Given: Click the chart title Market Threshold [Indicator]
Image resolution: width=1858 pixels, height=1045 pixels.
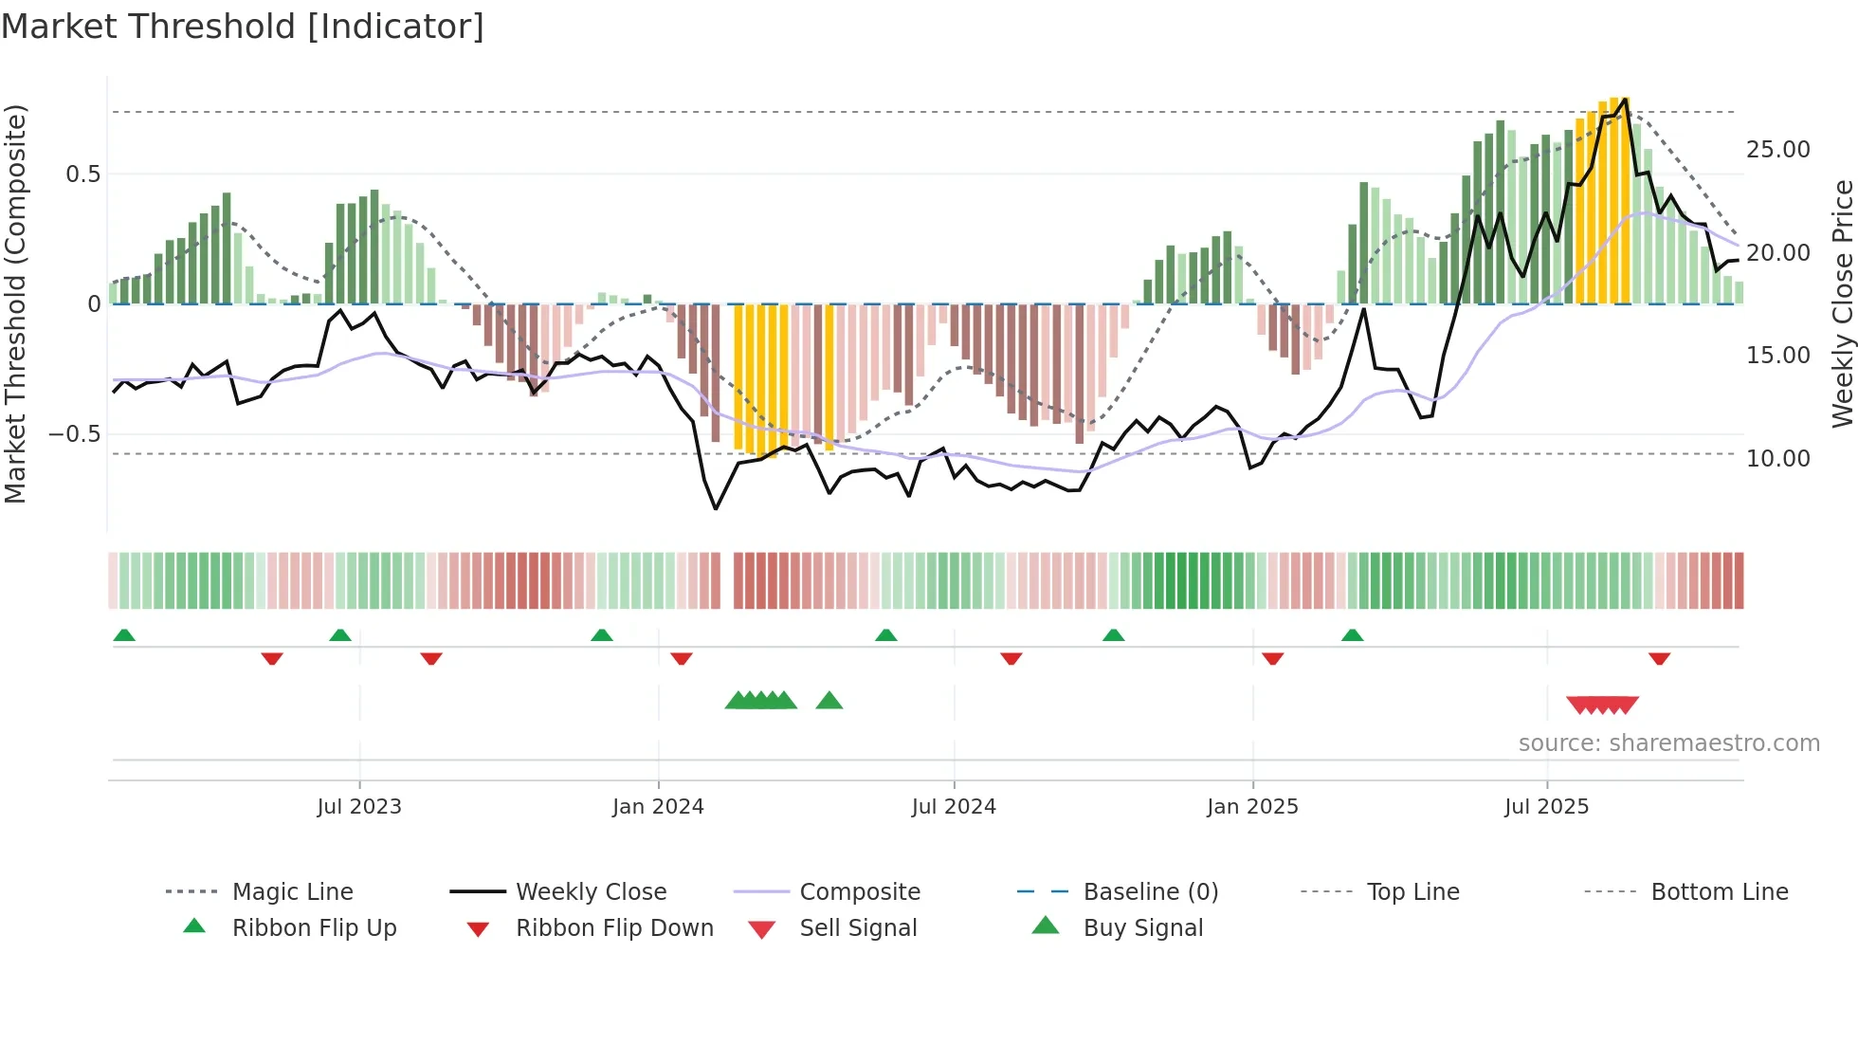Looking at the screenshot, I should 243,27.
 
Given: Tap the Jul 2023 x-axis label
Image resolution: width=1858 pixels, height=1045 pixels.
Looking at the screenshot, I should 359,807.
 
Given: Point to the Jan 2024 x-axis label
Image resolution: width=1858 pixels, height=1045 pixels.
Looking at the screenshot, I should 658,807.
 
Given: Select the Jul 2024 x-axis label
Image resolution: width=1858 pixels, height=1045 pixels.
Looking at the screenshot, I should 954,807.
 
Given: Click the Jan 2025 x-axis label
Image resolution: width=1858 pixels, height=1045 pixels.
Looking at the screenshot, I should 1252,807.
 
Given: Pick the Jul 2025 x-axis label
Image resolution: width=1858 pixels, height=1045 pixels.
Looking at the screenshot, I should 1546,807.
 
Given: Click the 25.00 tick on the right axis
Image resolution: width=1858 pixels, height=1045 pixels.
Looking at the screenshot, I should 1777,150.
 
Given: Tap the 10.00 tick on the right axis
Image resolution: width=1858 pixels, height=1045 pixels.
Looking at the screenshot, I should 1777,459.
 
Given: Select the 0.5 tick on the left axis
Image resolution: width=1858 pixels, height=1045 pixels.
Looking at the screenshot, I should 82,174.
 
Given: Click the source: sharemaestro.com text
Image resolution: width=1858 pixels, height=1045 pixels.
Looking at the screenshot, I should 1668,743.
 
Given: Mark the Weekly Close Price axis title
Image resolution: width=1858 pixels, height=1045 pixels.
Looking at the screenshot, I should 1842,303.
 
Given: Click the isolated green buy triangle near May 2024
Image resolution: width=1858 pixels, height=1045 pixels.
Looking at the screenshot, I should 829,701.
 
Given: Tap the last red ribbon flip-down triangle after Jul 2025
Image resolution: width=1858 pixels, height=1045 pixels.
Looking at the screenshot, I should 1659,658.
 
